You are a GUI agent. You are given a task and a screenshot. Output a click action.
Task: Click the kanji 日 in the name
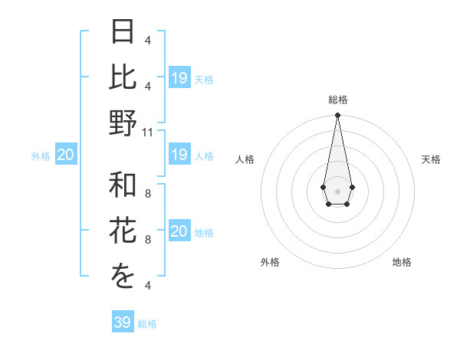(123, 32)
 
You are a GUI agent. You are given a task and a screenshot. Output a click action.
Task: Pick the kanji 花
(123, 231)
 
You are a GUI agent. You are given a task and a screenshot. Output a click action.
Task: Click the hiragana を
(123, 276)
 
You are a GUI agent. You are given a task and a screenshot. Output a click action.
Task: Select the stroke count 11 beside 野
(148, 132)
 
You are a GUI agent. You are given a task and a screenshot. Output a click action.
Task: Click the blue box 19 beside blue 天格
(179, 78)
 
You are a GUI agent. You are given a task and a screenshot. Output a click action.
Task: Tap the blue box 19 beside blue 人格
(179, 155)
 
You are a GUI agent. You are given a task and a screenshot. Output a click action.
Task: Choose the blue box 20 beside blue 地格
(179, 232)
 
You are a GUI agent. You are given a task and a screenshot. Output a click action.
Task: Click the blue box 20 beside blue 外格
(65, 155)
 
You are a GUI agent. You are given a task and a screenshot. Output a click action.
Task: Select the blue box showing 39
(122, 322)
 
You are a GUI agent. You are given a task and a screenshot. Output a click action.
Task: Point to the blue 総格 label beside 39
(147, 324)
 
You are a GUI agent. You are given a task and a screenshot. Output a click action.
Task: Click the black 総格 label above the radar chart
(337, 100)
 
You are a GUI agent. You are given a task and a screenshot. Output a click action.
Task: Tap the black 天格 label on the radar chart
(431, 159)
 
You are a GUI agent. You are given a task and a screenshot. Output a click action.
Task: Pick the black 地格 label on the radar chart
(402, 263)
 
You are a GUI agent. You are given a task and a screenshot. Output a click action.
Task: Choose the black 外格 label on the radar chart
(270, 263)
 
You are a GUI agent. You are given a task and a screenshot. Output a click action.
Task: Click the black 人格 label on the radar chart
(245, 159)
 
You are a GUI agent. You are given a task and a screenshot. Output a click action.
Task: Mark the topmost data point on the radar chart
(337, 116)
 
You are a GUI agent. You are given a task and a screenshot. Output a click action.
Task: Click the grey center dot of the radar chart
(337, 191)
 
